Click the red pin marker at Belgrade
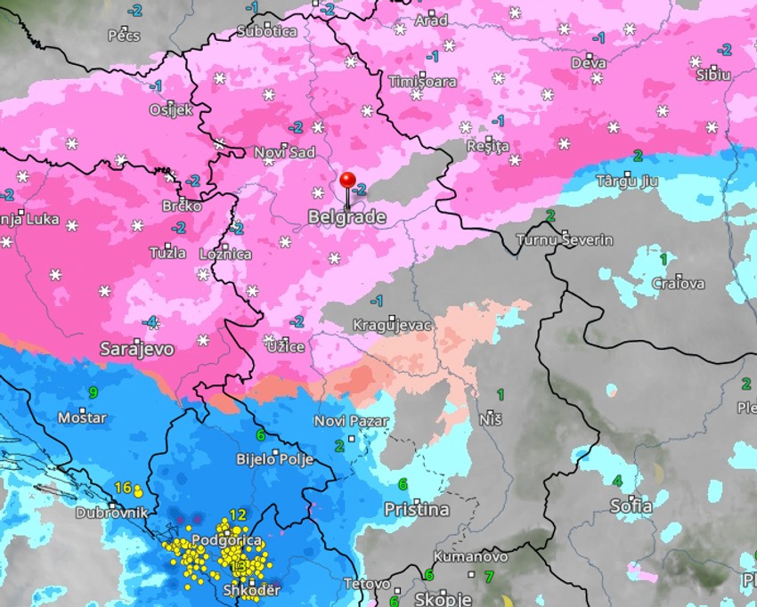pyautogui.click(x=347, y=182)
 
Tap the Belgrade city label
pyautogui.click(x=346, y=217)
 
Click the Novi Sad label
pyautogui.click(x=285, y=153)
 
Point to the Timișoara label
pyautogui.click(x=422, y=82)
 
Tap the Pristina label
pyautogui.click(x=416, y=510)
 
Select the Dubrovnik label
pyautogui.click(x=110, y=514)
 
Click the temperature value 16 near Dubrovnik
pyautogui.click(x=123, y=487)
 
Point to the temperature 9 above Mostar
pyautogui.click(x=93, y=393)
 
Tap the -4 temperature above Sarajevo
pyautogui.click(x=151, y=321)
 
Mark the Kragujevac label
pyautogui.click(x=392, y=325)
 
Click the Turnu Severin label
pyautogui.click(x=565, y=240)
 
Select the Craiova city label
pyautogui.click(x=678, y=284)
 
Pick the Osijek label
pyautogui.click(x=170, y=109)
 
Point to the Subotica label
pyautogui.click(x=267, y=32)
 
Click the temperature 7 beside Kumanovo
pyautogui.click(x=488, y=577)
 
